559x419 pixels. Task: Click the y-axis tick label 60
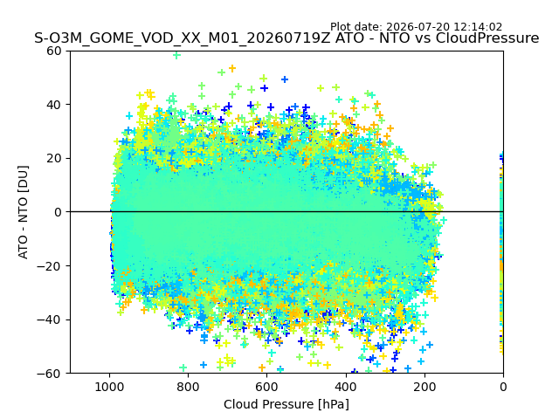pyautogui.click(x=53, y=51)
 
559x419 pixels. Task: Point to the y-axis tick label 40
pyautogui.click(x=53, y=105)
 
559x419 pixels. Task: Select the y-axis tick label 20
pyautogui.click(x=53, y=159)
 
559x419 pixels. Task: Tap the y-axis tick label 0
pyautogui.click(x=58, y=212)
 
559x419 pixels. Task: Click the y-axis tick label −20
pyautogui.click(x=49, y=266)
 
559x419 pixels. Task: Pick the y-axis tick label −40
pyautogui.click(x=49, y=320)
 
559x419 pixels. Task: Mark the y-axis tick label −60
pyautogui.click(x=49, y=374)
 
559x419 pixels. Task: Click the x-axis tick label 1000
pyautogui.click(x=110, y=387)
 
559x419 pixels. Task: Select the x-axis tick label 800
pyautogui.click(x=189, y=387)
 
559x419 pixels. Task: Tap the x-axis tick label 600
pyautogui.click(x=267, y=387)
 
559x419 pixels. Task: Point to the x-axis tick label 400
pyautogui.click(x=346, y=387)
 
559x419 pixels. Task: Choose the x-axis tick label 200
pyautogui.click(x=424, y=387)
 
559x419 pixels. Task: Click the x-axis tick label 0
pyautogui.click(x=503, y=387)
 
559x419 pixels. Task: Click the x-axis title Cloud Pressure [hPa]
pyautogui.click(x=286, y=404)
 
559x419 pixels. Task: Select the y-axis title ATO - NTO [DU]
pyautogui.click(x=24, y=212)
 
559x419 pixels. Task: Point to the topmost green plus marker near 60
pyautogui.click(x=176, y=55)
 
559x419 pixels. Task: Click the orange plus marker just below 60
pyautogui.click(x=232, y=68)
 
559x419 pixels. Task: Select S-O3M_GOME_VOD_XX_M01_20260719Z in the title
pyautogui.click(x=183, y=38)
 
